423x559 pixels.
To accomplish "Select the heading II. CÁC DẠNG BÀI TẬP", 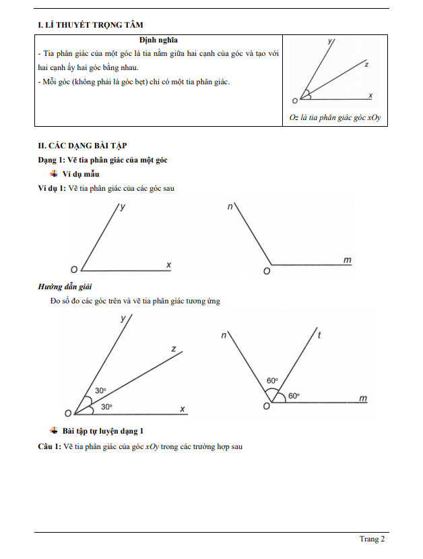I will (x=82, y=145).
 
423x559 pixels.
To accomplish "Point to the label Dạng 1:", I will (x=51, y=160).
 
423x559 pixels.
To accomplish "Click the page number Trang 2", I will (x=372, y=539).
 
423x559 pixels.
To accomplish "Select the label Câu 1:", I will (x=50, y=446).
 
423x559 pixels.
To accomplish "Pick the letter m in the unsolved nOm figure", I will (x=348, y=259).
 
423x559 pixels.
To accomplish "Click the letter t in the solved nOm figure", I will (x=319, y=335).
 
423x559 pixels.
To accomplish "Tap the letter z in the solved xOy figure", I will (x=174, y=349).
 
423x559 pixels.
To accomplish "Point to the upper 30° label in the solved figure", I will (x=100, y=390).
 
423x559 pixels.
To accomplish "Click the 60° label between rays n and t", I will (x=272, y=381).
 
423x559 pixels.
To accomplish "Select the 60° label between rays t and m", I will (x=294, y=396).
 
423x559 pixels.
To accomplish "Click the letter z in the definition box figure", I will (x=366, y=65).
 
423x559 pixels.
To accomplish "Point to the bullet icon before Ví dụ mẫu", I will (x=54, y=174).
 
